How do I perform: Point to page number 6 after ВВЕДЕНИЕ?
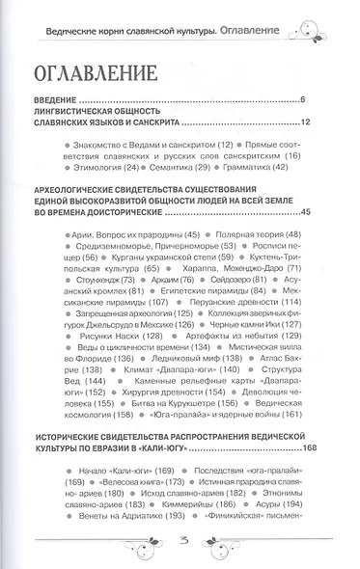pyautogui.click(x=302, y=99)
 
